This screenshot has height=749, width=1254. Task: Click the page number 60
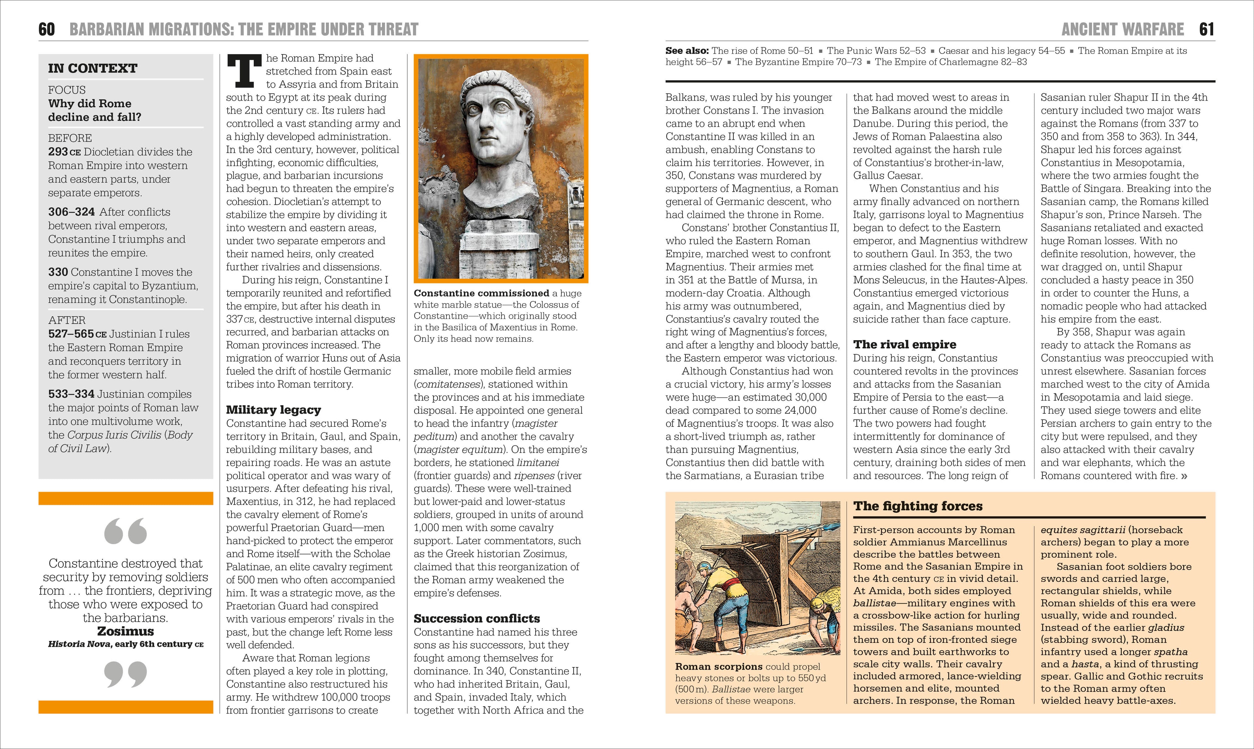click(46, 29)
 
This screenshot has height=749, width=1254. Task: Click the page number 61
click(1207, 29)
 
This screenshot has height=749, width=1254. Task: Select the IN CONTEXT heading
click(92, 68)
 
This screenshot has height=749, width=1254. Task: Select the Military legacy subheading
click(273, 409)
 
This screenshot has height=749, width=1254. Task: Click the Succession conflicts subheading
click(476, 618)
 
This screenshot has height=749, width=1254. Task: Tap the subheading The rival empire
click(904, 344)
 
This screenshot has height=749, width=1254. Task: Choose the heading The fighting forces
click(917, 506)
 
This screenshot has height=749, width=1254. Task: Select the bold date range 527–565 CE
click(77, 334)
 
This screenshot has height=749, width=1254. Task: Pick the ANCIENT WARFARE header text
click(1122, 29)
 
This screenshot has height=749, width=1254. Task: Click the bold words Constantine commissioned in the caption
click(481, 293)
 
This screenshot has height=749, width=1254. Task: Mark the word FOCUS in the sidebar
click(67, 90)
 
